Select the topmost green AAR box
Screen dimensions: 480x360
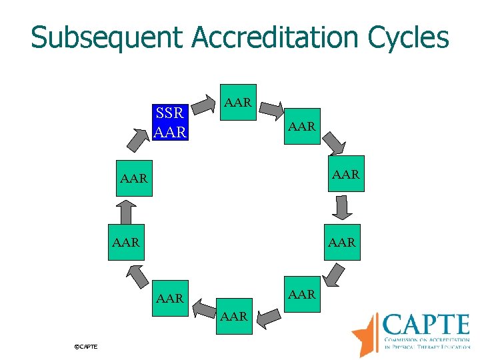(238, 103)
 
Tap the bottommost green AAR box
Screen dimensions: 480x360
(235, 315)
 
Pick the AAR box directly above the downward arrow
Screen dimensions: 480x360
(347, 174)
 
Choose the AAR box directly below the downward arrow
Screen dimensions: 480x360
(342, 242)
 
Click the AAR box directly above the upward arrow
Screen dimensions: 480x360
(133, 178)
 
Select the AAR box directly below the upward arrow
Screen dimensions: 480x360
(126, 242)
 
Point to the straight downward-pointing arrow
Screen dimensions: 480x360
(343, 207)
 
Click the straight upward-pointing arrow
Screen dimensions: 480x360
(123, 213)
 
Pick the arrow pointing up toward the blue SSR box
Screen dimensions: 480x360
(137, 139)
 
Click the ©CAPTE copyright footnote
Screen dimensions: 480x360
(86, 347)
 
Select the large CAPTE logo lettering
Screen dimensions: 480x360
(427, 325)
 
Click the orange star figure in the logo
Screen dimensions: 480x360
(365, 333)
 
